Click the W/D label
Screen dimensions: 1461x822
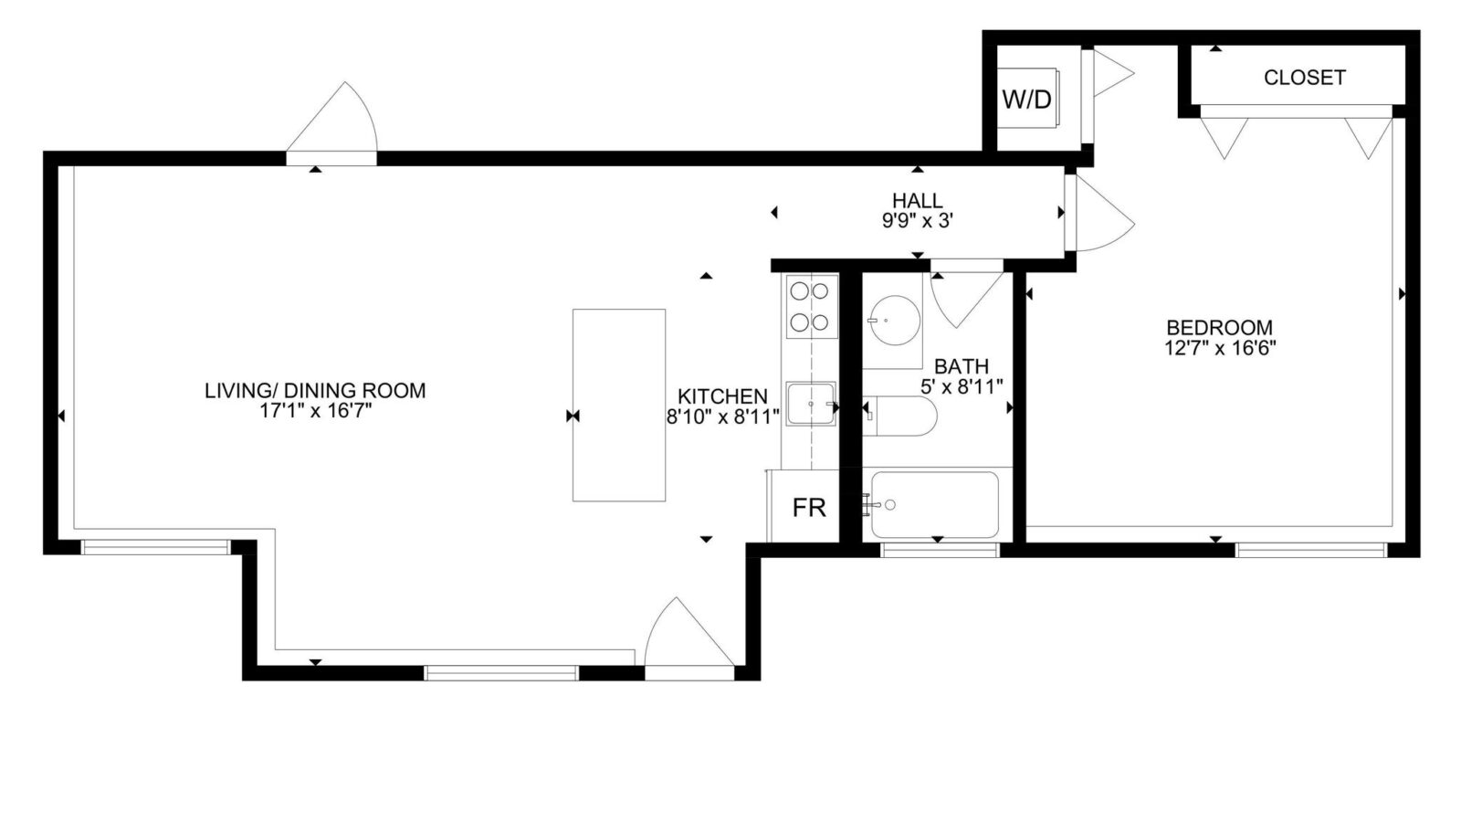pos(1026,100)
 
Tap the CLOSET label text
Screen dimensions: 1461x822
pos(1305,78)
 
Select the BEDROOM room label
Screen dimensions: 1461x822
pos(1220,327)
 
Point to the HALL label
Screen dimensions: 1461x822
pos(918,200)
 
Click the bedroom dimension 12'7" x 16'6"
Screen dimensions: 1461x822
pos(1220,348)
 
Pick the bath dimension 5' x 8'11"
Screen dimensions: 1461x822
pos(962,387)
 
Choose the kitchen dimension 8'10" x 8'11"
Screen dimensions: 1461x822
pos(722,416)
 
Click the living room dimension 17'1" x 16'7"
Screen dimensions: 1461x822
pos(315,411)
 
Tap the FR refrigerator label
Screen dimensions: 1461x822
pos(809,508)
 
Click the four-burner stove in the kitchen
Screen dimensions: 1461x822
pos(812,307)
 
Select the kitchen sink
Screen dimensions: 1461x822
pos(811,404)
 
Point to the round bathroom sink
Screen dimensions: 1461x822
pos(894,321)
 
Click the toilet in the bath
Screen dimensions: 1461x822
pos(900,416)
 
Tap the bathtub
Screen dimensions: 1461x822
pos(935,505)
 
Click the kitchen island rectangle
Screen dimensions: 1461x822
pos(619,406)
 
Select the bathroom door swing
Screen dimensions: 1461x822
pos(967,297)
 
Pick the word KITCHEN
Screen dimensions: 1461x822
pos(722,396)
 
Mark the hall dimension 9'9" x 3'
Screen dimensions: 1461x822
pos(918,221)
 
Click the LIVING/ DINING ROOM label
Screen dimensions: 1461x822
pos(315,390)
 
